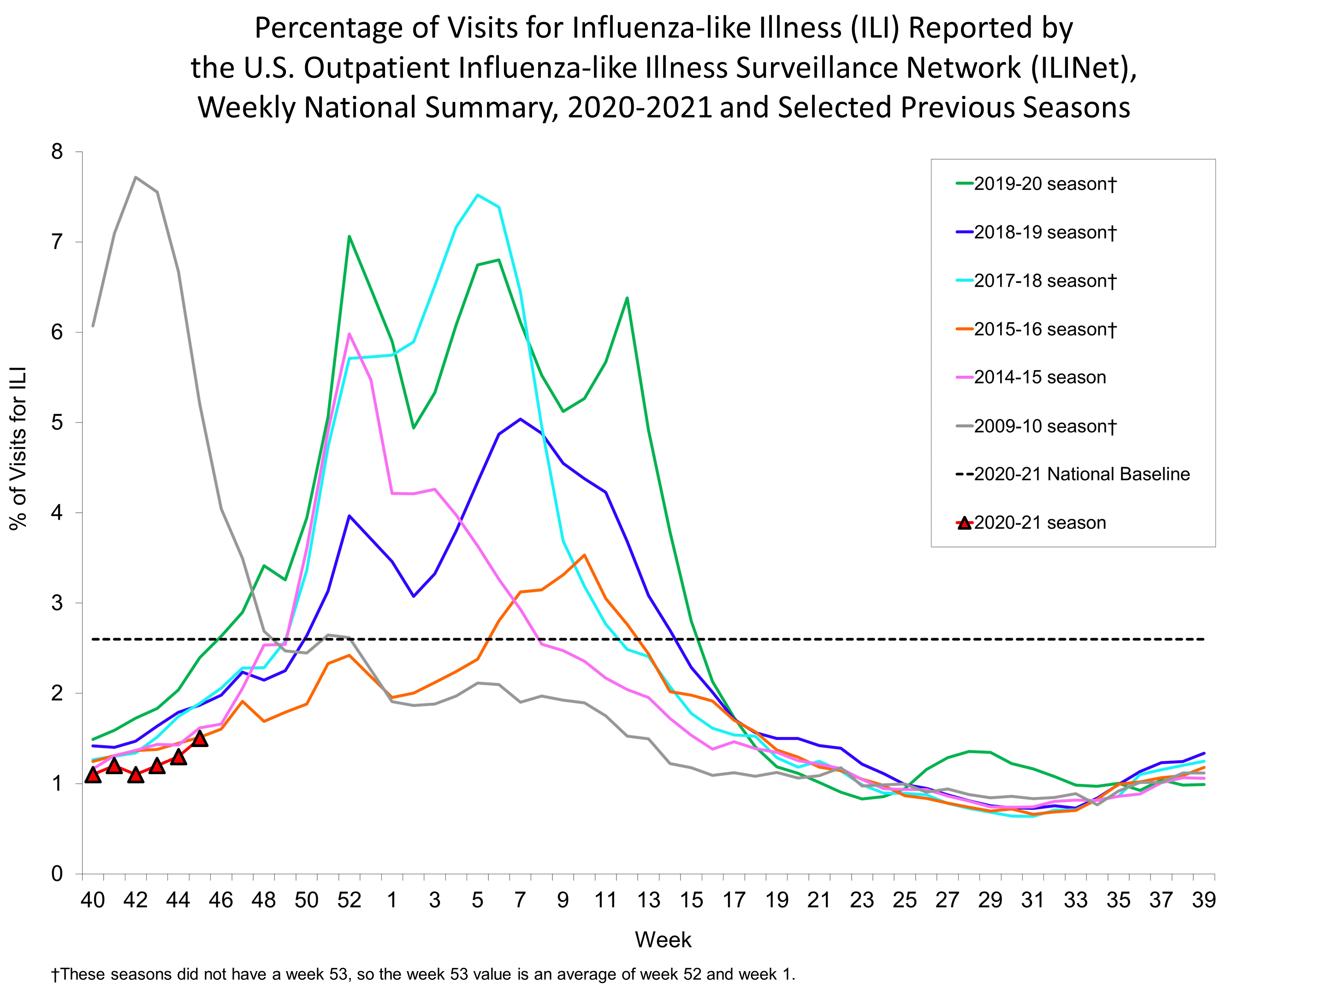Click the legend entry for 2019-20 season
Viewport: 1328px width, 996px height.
[x=1044, y=184]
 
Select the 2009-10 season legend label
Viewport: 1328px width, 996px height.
[x=1044, y=426]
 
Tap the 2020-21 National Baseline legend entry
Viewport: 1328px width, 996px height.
[x=1081, y=474]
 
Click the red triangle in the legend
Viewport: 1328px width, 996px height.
[x=964, y=523]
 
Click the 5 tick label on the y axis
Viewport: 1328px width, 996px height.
[x=57, y=423]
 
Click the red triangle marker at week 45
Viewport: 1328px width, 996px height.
[x=200, y=738]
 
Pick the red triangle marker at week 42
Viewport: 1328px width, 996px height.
[x=136, y=775]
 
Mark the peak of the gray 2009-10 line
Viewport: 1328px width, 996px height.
[x=136, y=177]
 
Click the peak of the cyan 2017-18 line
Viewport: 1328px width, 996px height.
[x=477, y=195]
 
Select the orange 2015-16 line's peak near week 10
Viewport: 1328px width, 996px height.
[x=584, y=555]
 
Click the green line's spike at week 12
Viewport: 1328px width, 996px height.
[x=627, y=298]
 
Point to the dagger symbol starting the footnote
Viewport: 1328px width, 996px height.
[x=56, y=974]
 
